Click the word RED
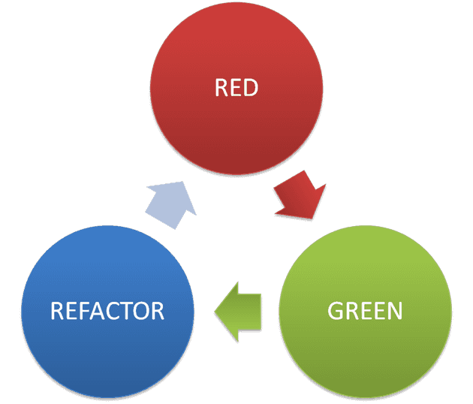click(x=236, y=88)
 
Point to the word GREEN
click(x=365, y=309)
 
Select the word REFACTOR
click(x=107, y=310)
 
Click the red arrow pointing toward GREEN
click(x=299, y=194)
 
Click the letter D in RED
click(x=252, y=88)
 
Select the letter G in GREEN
click(x=336, y=309)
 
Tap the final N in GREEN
click(x=395, y=309)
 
